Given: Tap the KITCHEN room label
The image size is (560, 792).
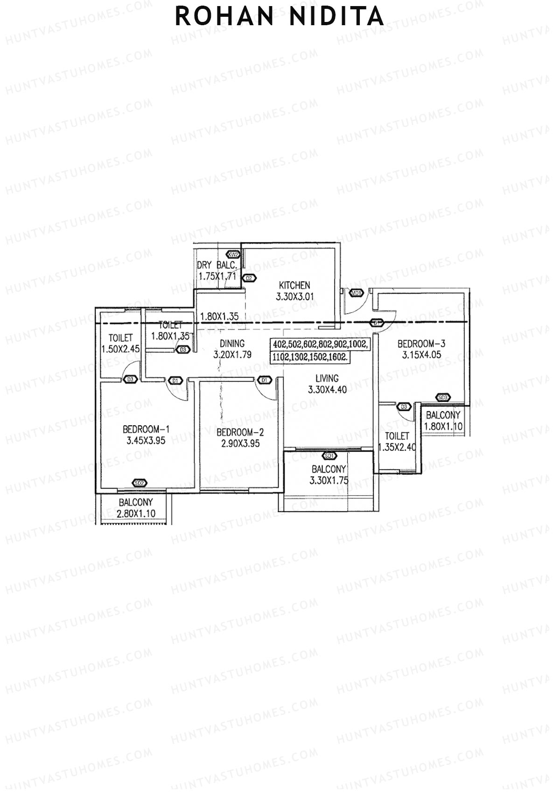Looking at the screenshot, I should pyautogui.click(x=294, y=285).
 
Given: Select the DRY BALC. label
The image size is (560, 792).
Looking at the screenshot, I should pyautogui.click(x=217, y=266).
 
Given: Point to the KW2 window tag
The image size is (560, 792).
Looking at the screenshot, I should pyautogui.click(x=233, y=255).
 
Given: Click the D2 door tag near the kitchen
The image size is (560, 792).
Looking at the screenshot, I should pyautogui.click(x=249, y=278).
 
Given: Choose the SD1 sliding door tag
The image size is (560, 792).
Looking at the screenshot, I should pyautogui.click(x=329, y=455).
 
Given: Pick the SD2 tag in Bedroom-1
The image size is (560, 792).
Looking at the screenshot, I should pyautogui.click(x=139, y=483).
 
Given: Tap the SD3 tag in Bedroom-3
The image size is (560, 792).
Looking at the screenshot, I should pyautogui.click(x=443, y=398).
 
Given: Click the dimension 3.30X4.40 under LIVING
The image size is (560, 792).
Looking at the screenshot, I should pyautogui.click(x=327, y=390).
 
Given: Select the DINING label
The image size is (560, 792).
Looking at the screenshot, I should pyautogui.click(x=232, y=344).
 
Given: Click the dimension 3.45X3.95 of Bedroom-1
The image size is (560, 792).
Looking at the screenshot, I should pyautogui.click(x=146, y=440).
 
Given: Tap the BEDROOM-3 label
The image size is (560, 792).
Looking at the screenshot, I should pyautogui.click(x=421, y=344).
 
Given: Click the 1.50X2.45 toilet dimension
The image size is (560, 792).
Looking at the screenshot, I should pyautogui.click(x=120, y=349).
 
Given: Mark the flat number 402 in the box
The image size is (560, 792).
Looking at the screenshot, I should pyautogui.click(x=279, y=344).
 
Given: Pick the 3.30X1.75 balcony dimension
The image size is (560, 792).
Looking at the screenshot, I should pyautogui.click(x=329, y=480).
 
